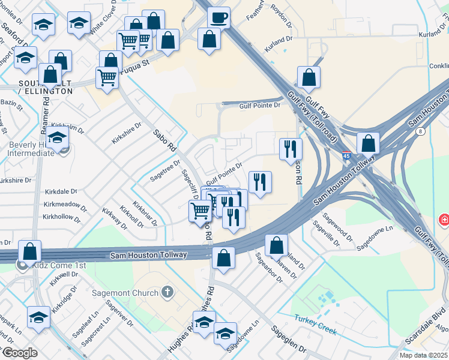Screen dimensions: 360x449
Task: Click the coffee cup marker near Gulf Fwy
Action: tap(219, 17)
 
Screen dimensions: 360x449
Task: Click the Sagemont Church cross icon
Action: tap(167, 293)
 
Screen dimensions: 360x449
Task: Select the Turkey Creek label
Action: tap(315, 325)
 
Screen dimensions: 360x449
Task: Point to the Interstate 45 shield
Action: tap(347, 156)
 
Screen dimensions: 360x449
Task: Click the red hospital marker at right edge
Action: tap(444, 220)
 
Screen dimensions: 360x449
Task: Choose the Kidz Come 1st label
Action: tap(60, 265)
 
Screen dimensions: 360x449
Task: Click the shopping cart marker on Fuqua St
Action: tap(106, 78)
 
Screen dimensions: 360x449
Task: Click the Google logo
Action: tap(20, 353)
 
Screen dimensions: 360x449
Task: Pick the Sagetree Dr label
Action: tap(166, 169)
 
